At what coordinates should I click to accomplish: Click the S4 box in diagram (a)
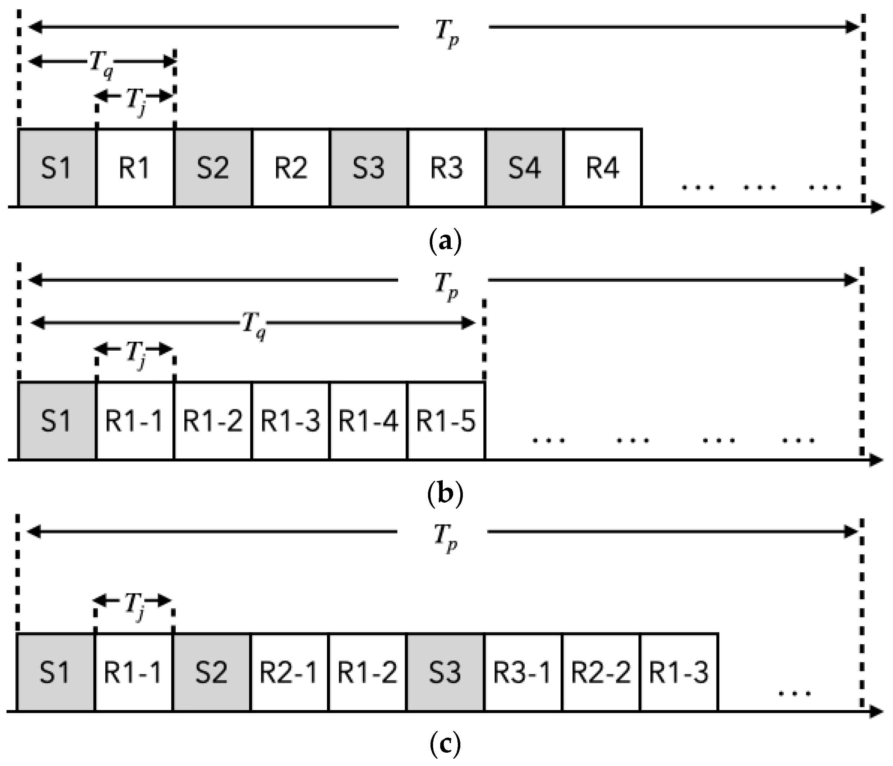pos(525,167)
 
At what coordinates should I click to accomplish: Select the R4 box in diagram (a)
pos(603,167)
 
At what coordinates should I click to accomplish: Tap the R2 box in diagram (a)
pos(291,167)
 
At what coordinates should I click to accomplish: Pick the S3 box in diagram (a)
pos(368,167)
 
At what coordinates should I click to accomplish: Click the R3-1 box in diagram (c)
pos(523,673)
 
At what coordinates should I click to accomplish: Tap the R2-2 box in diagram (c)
pos(601,673)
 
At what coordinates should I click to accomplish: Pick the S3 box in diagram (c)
pos(445,673)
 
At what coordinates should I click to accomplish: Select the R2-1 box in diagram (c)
pos(289,673)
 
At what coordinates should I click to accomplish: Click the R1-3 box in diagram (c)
pos(679,673)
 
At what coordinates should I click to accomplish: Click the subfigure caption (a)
pos(446,241)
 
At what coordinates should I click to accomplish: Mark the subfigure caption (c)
pos(446,744)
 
